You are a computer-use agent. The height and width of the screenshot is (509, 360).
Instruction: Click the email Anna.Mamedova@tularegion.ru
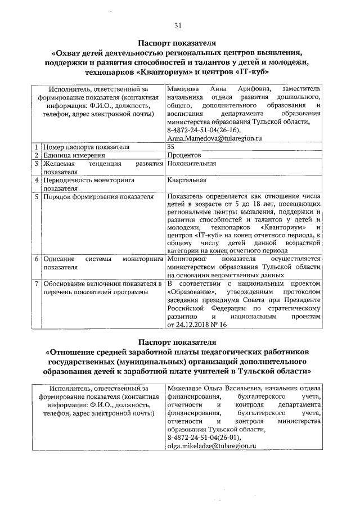click(x=211, y=138)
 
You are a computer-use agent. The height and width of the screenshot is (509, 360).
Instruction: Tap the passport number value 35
click(x=171, y=147)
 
